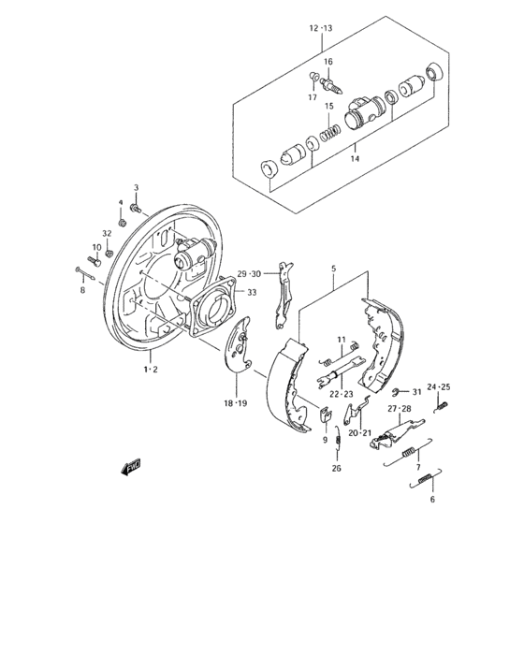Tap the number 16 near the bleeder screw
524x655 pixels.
click(x=327, y=62)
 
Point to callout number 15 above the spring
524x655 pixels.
click(x=328, y=106)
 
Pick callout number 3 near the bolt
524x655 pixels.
click(x=136, y=188)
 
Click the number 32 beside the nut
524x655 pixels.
click(x=107, y=233)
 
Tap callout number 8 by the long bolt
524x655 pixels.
click(x=81, y=291)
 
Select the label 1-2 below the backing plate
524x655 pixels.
click(x=150, y=371)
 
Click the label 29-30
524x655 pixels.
click(x=249, y=274)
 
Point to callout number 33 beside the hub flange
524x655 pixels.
click(x=252, y=292)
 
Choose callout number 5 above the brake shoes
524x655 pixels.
click(x=332, y=269)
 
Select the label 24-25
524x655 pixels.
click(x=439, y=387)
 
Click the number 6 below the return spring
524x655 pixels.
click(x=432, y=500)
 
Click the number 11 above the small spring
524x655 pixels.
click(x=342, y=339)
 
